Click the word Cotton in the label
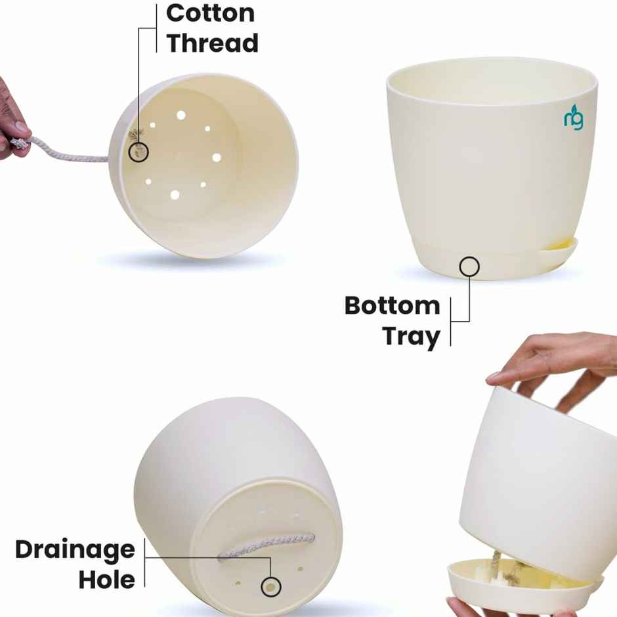tap(209, 12)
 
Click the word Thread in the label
tap(212, 43)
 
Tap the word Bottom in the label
tap(392, 306)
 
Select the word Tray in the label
tap(411, 336)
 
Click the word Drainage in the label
tap(75, 549)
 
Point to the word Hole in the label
tap(107, 580)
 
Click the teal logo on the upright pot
tap(573, 119)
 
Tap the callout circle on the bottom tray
tap(469, 266)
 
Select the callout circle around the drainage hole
tap(270, 586)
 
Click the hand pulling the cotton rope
tap(10, 121)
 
